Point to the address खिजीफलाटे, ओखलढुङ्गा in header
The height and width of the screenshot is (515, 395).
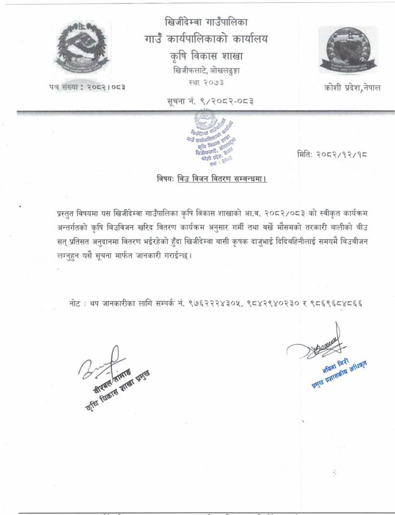tap(205, 71)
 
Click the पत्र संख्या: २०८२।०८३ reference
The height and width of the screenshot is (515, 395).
tap(87, 87)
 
